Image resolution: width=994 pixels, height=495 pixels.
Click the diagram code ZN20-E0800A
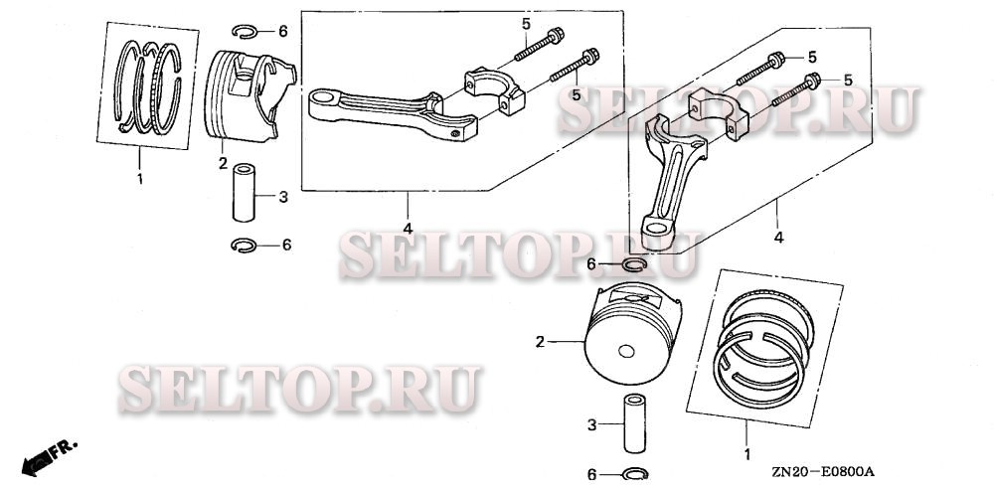[x=826, y=474]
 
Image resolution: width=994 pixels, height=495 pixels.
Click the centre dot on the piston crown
[x=625, y=351]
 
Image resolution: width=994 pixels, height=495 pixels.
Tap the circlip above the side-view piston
[x=248, y=31]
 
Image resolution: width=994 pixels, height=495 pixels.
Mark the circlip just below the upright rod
[x=634, y=263]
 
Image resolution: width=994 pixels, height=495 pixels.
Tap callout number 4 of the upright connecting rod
[x=779, y=238]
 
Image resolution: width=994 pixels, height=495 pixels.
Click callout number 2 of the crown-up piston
[x=540, y=342]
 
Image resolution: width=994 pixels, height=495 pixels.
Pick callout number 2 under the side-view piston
[x=222, y=162]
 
